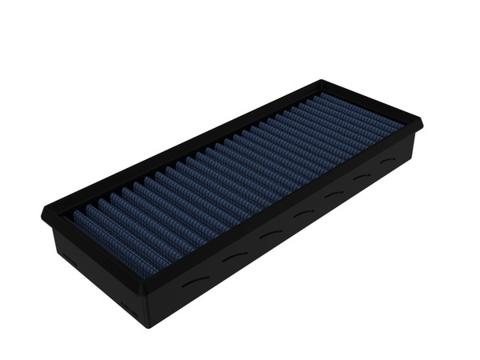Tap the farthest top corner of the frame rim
coord(322,82)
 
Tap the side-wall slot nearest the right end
coord(388,161)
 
